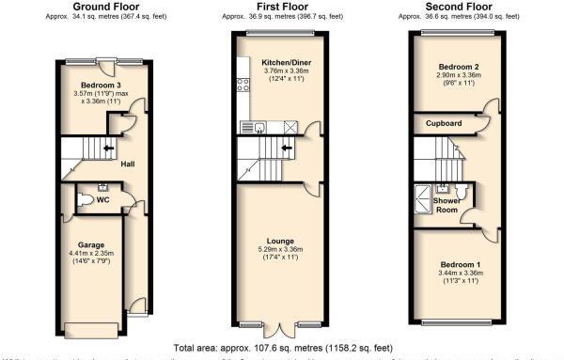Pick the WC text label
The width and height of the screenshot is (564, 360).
117,198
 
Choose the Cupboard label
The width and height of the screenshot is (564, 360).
443,123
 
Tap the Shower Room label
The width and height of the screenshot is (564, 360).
446,205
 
